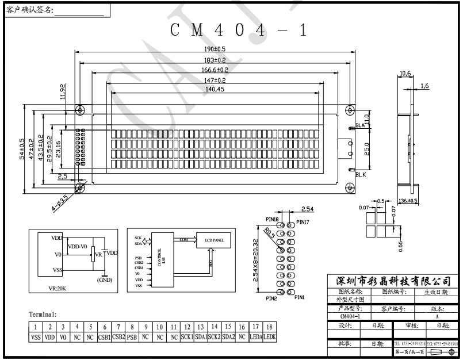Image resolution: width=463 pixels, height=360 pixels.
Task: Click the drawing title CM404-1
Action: [239, 30]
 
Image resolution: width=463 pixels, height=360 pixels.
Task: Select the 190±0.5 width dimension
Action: [215, 50]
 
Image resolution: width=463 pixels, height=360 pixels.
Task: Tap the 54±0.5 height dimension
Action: [22, 150]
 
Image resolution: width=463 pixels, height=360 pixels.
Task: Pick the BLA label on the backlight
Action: [361, 125]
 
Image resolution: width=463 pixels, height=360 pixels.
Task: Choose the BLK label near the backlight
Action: [361, 174]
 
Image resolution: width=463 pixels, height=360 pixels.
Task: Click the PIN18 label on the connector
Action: [273, 220]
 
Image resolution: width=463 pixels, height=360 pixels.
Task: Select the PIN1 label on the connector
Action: [300, 297]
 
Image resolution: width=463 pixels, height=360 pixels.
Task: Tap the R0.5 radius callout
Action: [269, 233]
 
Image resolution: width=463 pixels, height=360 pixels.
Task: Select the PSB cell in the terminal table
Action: [132, 336]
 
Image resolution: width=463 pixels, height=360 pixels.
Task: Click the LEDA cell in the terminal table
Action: [257, 336]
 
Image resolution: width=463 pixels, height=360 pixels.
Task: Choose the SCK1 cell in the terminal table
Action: [188, 336]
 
